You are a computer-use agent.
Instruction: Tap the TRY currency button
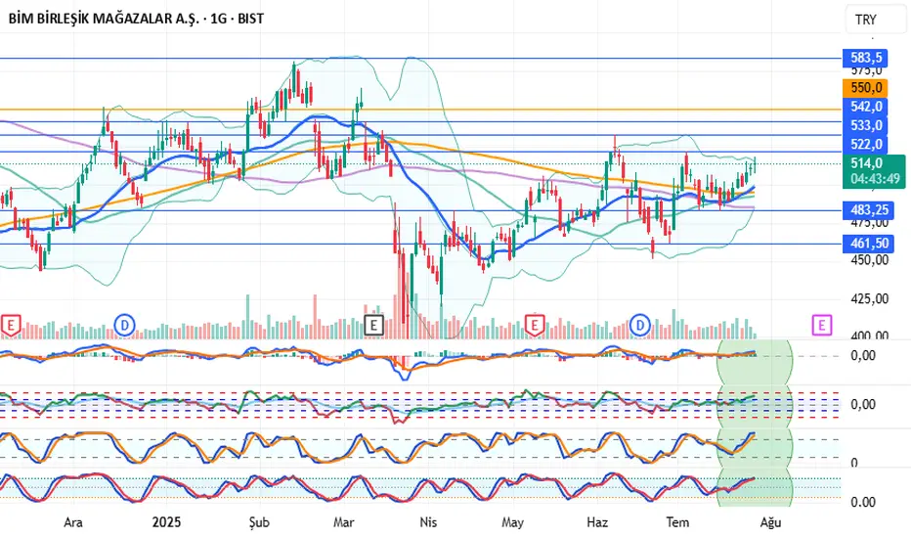865,20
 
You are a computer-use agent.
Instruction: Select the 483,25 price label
866,210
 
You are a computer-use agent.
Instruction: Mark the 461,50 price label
866,243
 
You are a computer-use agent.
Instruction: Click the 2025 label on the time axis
167,523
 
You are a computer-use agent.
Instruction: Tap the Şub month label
260,523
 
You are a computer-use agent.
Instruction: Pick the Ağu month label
771,523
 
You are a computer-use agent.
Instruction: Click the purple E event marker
821,323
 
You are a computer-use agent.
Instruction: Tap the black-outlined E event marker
372,324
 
